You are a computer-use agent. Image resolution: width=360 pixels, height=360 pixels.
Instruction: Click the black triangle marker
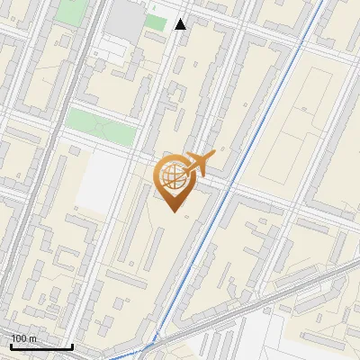point(181,24)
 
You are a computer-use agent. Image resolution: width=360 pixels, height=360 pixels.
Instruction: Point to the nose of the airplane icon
point(214,156)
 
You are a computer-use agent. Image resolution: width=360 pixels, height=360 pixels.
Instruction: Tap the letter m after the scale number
point(33,337)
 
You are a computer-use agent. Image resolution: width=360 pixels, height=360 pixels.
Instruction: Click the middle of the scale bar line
point(41,346)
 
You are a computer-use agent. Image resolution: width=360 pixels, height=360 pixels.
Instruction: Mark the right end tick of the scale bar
point(72,346)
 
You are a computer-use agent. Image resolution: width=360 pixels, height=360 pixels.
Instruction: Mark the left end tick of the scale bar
point(10,346)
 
